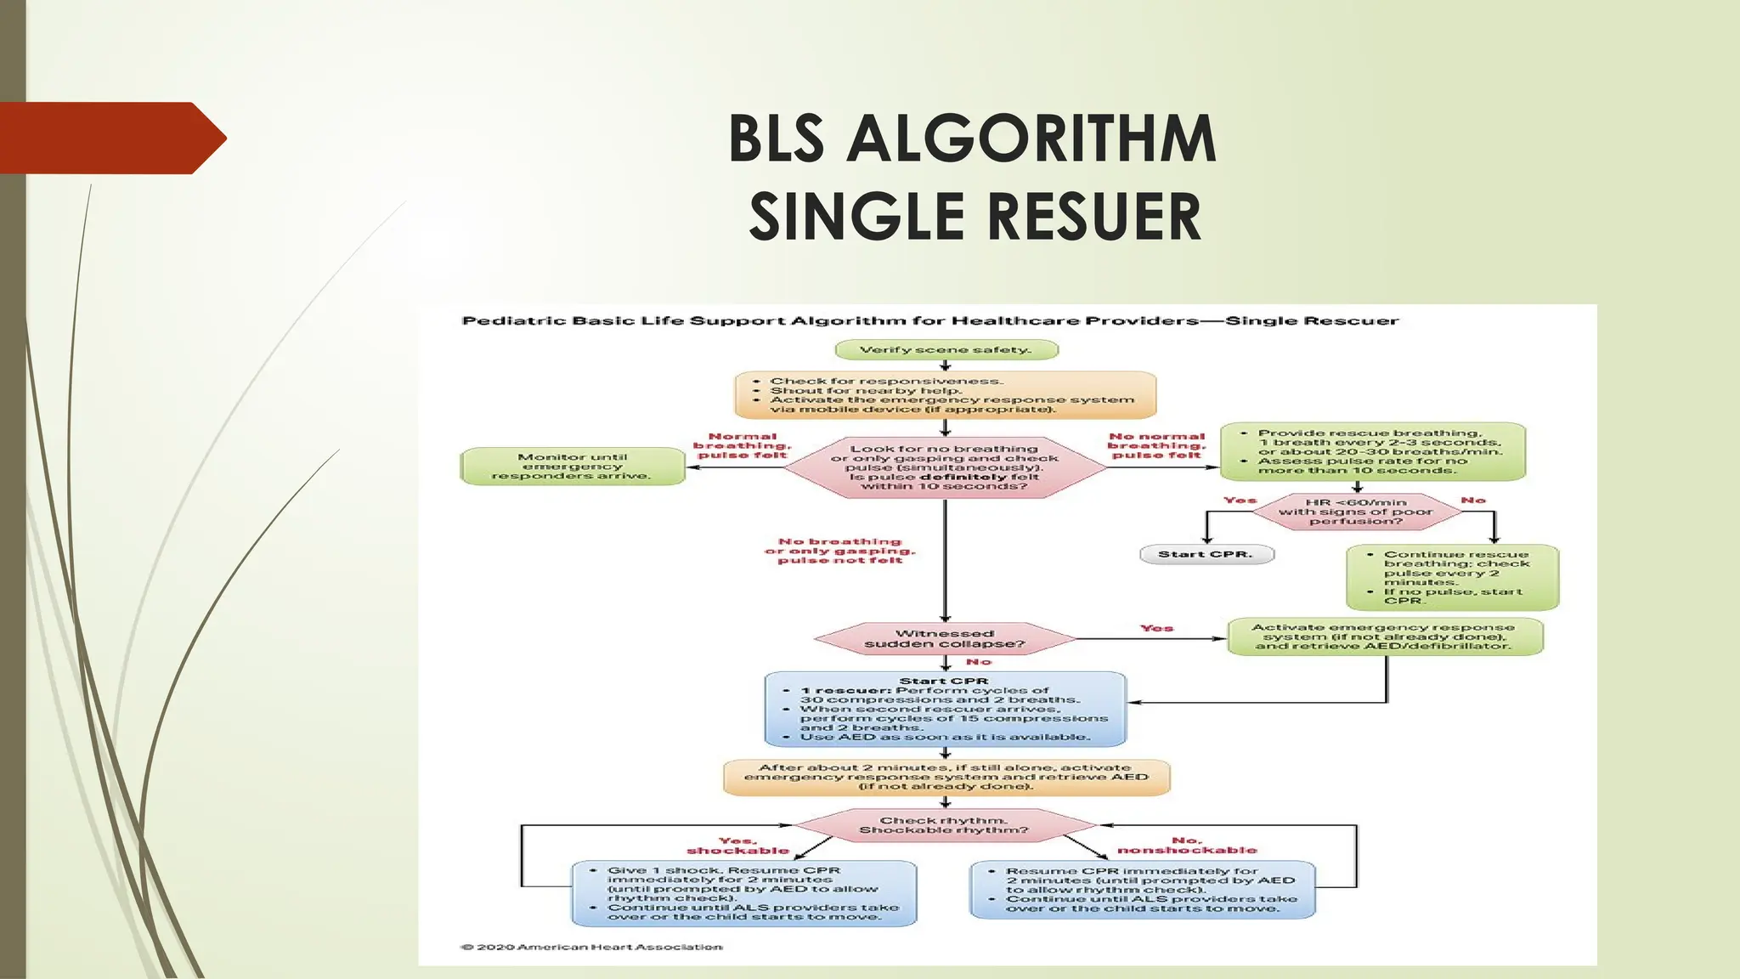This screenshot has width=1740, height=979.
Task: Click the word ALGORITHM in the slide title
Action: (x=1031, y=139)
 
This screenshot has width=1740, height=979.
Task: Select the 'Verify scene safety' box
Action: (x=946, y=350)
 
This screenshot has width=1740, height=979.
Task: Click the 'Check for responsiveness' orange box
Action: (x=945, y=395)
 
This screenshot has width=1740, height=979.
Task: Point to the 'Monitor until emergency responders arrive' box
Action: (x=573, y=467)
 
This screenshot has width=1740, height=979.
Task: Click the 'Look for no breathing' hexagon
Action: (x=945, y=467)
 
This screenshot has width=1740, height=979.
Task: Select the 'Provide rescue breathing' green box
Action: (x=1372, y=451)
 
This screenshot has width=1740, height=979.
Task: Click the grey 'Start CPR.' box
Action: (x=1206, y=555)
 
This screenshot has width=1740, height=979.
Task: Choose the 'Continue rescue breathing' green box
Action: (x=1452, y=578)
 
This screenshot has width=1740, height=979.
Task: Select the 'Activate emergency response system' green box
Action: (x=1384, y=637)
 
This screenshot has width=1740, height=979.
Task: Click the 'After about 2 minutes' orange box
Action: (x=946, y=777)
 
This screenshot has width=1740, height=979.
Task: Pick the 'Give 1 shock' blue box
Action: (x=744, y=893)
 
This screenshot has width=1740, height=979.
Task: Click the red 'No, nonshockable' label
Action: (x=1186, y=846)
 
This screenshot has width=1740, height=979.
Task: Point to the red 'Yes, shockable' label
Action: (x=737, y=846)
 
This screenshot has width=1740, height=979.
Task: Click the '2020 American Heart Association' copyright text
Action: (x=591, y=947)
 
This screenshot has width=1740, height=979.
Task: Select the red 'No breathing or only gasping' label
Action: (x=839, y=551)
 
